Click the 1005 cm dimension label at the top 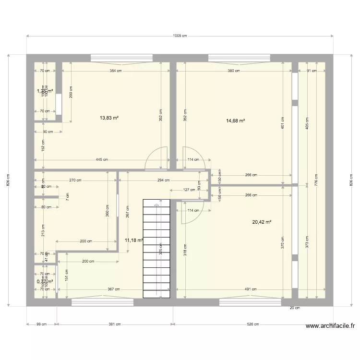[x=180, y=36]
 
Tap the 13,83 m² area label [x=109, y=118]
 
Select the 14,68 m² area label [x=236, y=120]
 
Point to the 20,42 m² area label [x=262, y=222]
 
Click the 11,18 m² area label [x=134, y=240]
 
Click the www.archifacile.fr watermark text [x=331, y=326]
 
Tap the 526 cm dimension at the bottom [x=253, y=324]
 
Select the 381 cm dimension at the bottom [x=115, y=324]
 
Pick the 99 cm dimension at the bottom [x=41, y=324]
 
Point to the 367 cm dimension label [x=113, y=289]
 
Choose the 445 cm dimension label [x=101, y=160]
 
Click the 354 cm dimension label [x=116, y=71]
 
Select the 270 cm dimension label [x=75, y=180]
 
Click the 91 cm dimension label [x=312, y=71]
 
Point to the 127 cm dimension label [x=189, y=189]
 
